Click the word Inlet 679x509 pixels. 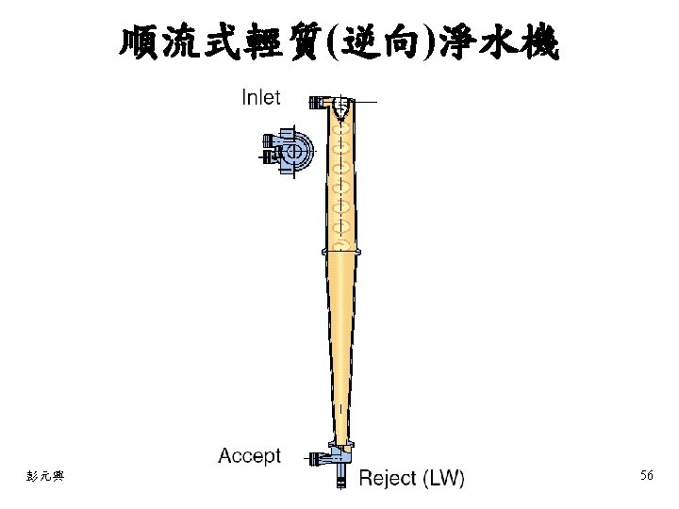[261, 97]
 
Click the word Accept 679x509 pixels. [249, 456]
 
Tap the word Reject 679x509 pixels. [387, 478]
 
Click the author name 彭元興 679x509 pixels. [45, 477]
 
